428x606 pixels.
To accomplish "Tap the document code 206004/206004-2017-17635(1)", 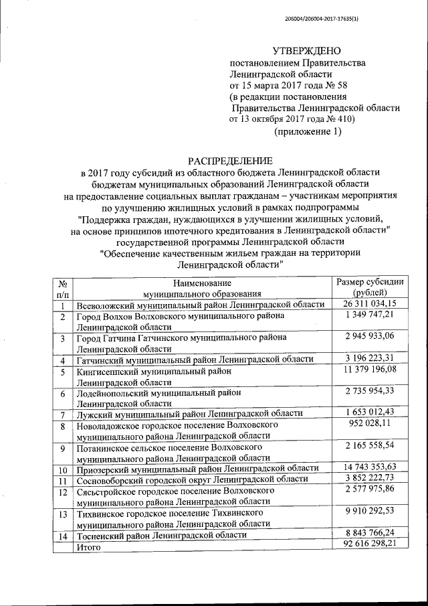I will click(x=330, y=18).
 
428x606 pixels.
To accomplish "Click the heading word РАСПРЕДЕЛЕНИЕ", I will click(x=230, y=161).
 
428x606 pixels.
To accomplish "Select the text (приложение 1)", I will click(x=307, y=131).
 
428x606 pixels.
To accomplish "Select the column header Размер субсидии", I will click(x=370, y=282).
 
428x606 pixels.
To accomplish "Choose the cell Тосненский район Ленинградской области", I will click(x=162, y=536).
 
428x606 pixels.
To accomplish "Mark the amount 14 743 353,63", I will click(x=370, y=467).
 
